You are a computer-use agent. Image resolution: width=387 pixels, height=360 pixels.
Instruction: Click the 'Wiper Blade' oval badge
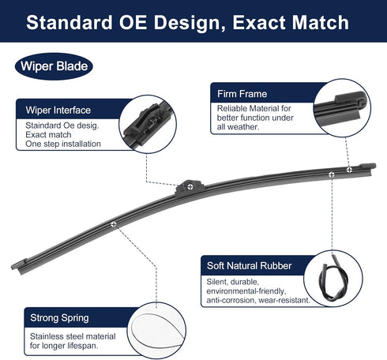(54, 66)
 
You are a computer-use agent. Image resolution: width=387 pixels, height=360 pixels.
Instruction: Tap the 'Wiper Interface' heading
(58, 110)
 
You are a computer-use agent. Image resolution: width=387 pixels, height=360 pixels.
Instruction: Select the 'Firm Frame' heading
(242, 94)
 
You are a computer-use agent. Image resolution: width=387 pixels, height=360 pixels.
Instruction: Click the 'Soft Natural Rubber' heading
(249, 266)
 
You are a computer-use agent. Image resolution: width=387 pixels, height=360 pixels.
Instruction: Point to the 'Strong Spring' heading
(59, 318)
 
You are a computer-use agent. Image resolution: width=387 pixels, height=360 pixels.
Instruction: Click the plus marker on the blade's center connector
(190, 186)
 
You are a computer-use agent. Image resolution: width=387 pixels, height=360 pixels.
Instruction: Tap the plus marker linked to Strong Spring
(114, 224)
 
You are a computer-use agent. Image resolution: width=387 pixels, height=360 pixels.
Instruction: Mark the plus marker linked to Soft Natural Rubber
(332, 174)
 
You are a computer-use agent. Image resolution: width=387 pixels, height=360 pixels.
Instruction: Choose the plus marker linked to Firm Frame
(349, 170)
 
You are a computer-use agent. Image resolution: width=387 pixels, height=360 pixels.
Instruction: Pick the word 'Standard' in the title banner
(70, 22)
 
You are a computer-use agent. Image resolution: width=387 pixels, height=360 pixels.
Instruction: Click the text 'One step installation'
(63, 144)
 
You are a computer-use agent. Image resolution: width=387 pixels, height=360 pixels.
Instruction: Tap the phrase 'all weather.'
(238, 127)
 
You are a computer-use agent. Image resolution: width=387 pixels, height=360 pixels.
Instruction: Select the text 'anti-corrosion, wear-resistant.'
(258, 300)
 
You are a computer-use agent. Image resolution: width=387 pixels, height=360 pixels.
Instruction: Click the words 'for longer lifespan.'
(64, 346)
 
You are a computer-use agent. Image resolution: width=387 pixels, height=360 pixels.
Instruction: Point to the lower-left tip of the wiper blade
(13, 268)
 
